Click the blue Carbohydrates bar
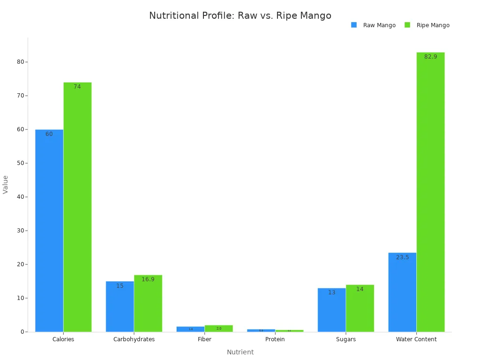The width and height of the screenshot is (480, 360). [x=120, y=307]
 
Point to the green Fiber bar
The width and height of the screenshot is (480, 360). [x=218, y=329]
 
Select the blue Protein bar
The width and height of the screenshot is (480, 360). [x=261, y=330]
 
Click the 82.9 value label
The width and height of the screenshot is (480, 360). [x=430, y=57]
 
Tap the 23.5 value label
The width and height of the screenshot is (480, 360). [x=402, y=257]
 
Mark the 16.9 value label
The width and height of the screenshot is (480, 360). [x=148, y=279]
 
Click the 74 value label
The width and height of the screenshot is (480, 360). [x=77, y=87]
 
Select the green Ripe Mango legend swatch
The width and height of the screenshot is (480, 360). [x=407, y=25]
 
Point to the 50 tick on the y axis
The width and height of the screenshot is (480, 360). [x=21, y=163]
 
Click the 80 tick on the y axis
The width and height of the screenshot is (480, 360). [x=21, y=62]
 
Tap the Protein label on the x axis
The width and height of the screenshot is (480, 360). [x=275, y=339]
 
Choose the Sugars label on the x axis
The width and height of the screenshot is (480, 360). [x=346, y=339]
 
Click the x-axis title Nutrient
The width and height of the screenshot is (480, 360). [x=240, y=352]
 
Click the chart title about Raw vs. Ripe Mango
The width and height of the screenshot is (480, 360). [x=240, y=16]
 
